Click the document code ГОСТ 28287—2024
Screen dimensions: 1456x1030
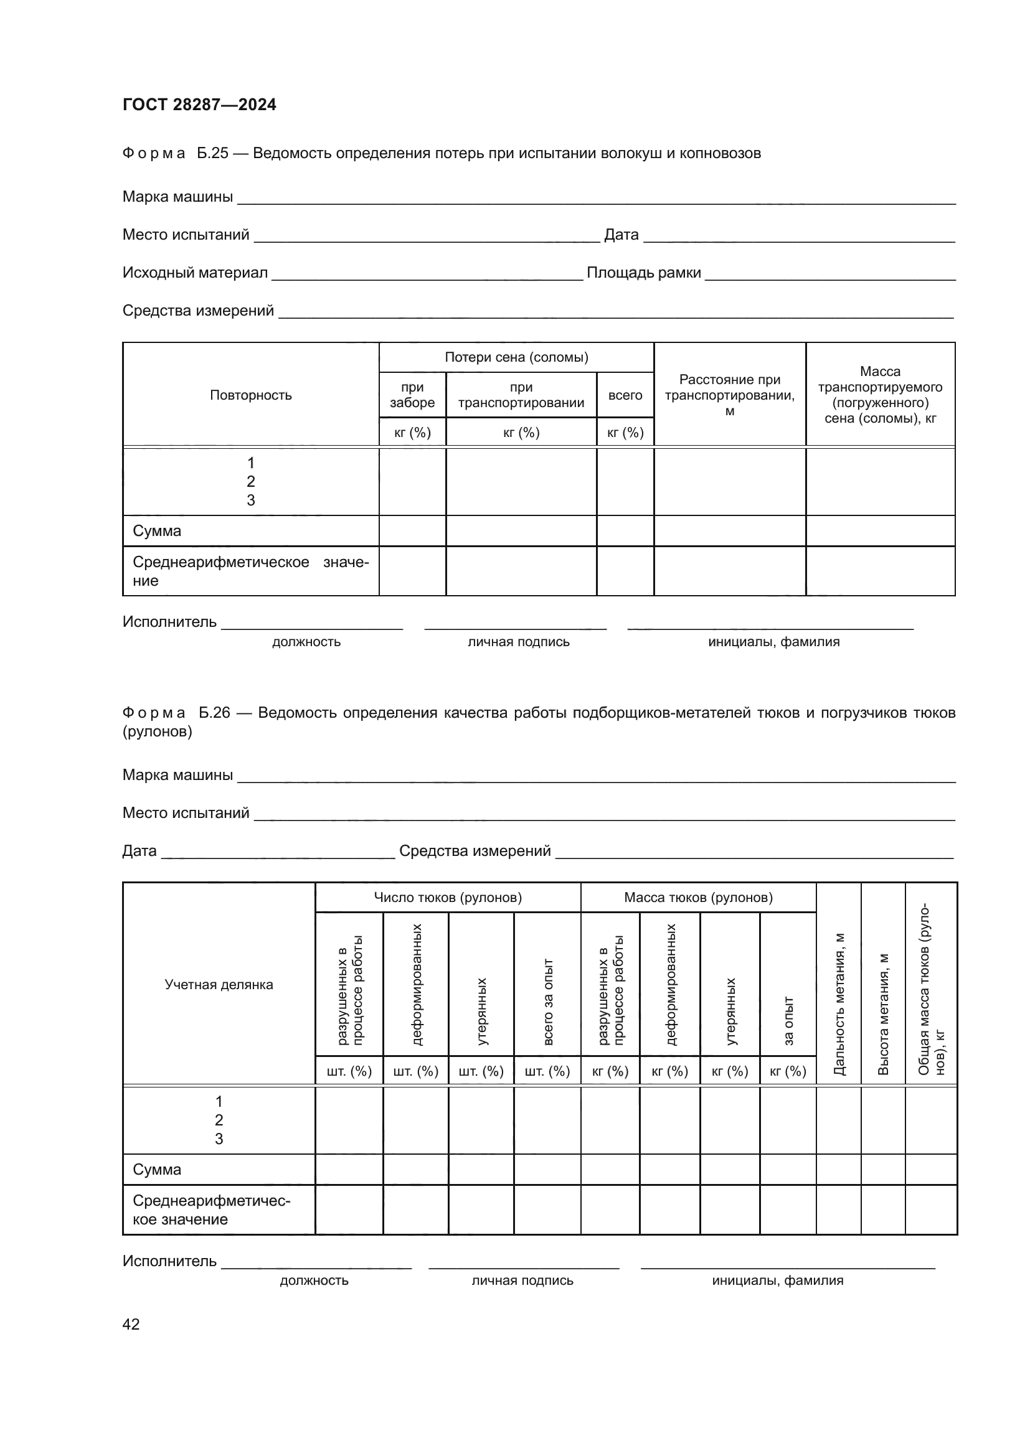pyautogui.click(x=199, y=105)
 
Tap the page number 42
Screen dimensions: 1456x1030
pyautogui.click(x=131, y=1324)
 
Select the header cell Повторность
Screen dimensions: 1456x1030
pyautogui.click(x=250, y=395)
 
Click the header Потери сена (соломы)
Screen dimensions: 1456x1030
pyautogui.click(x=516, y=357)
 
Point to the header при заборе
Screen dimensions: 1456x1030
pyautogui.click(x=412, y=395)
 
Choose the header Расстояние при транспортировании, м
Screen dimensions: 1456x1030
pyautogui.click(x=729, y=395)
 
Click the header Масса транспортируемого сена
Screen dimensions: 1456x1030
pyautogui.click(x=880, y=395)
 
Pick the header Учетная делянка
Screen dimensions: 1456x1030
pyautogui.click(x=219, y=984)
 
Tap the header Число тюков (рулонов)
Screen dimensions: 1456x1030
pyautogui.click(x=448, y=898)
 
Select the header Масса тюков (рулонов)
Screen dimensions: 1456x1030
pyautogui.click(x=698, y=898)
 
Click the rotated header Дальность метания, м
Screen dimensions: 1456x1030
pyautogui.click(x=838, y=1004)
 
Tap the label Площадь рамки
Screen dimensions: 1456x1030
pyautogui.click(x=643, y=273)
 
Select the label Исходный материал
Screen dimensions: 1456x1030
pyautogui.click(x=195, y=273)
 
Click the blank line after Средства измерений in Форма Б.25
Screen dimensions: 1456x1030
pyautogui.click(x=615, y=312)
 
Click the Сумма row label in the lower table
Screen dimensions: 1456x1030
pyautogui.click(x=157, y=1170)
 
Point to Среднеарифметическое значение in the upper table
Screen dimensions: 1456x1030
pyautogui.click(x=250, y=571)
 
